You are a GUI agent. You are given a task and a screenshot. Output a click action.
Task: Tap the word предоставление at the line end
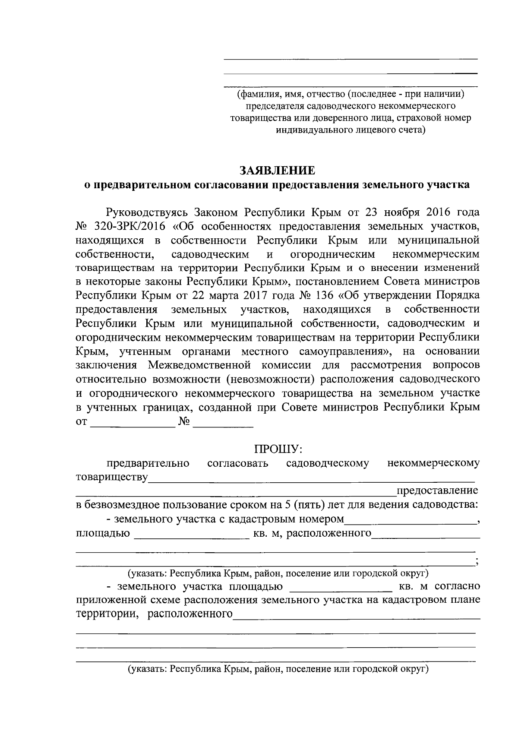[437, 490]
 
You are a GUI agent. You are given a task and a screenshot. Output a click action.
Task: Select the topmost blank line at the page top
[350, 58]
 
